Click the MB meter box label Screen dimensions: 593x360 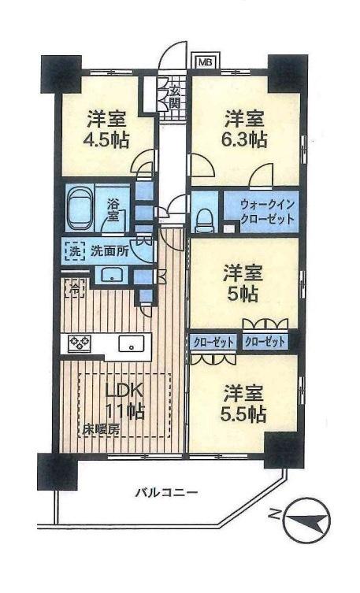(x=204, y=61)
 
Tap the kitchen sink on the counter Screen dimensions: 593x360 (x=132, y=343)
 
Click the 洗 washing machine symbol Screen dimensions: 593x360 (x=72, y=253)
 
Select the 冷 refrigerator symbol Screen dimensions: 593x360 (x=72, y=287)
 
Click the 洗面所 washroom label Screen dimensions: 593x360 (x=106, y=253)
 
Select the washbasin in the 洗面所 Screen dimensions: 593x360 (x=109, y=274)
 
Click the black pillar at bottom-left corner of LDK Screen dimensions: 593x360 (x=58, y=470)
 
